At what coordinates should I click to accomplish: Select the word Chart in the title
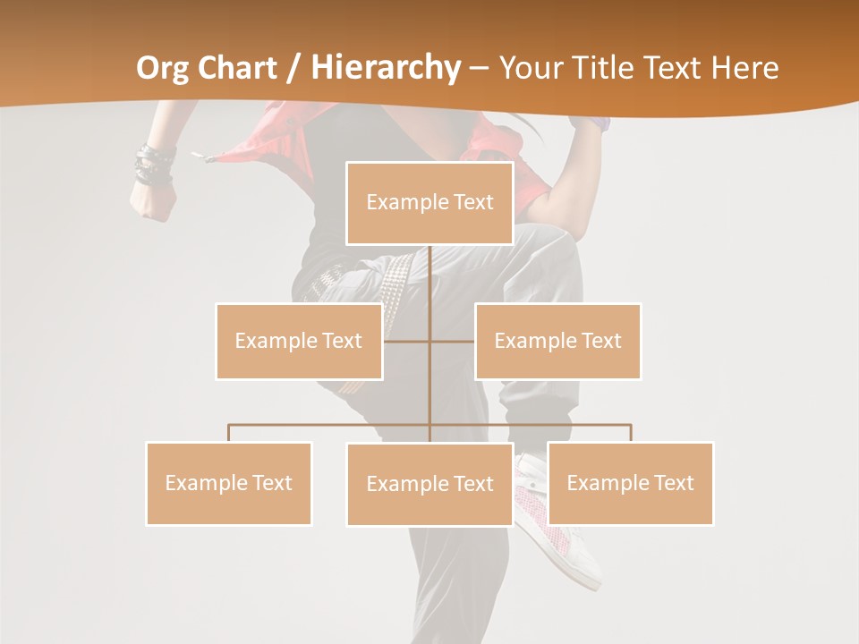tap(240, 68)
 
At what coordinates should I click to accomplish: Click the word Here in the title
tap(744, 68)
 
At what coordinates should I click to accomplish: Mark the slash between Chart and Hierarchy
tap(293, 69)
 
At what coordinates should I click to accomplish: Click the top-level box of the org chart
tap(429, 203)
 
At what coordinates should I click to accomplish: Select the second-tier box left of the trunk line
tap(299, 341)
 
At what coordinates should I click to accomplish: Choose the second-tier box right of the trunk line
tap(557, 341)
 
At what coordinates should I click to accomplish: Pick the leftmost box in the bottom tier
tap(228, 483)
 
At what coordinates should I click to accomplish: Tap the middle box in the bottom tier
tap(429, 484)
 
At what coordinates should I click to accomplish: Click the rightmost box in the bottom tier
tap(630, 483)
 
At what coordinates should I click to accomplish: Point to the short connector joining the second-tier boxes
tap(429, 341)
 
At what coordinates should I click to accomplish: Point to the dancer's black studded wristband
tap(154, 166)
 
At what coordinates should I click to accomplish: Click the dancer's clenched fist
tap(149, 203)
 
